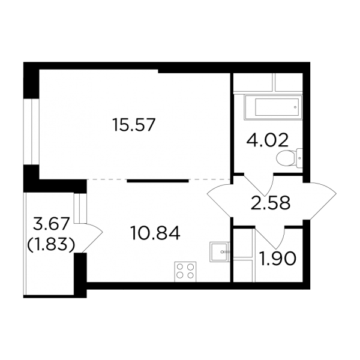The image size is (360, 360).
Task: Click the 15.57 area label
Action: pyautogui.click(x=134, y=125)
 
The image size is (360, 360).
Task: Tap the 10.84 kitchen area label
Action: pyautogui.click(x=155, y=233)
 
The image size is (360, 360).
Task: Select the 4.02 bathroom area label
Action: pyautogui.click(x=267, y=140)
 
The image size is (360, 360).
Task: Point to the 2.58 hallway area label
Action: pyautogui.click(x=271, y=203)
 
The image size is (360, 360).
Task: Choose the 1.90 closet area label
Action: pyautogui.click(x=278, y=258)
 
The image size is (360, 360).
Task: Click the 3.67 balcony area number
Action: pyautogui.click(x=51, y=224)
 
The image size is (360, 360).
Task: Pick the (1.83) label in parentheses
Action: pyautogui.click(x=51, y=245)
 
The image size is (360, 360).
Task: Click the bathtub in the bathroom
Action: pyautogui.click(x=273, y=107)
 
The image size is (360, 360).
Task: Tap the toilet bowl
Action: pyautogui.click(x=284, y=158)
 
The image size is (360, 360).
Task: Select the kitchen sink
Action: pyautogui.click(x=220, y=252)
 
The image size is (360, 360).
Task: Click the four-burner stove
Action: pyautogui.click(x=185, y=272)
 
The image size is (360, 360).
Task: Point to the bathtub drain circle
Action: pyautogui.click(x=295, y=107)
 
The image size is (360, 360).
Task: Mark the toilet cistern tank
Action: pyautogui.click(x=299, y=158)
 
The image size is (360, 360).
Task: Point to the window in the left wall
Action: pyautogui.click(x=31, y=132)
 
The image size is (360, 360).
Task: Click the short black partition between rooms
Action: pyautogui.click(x=158, y=181)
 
